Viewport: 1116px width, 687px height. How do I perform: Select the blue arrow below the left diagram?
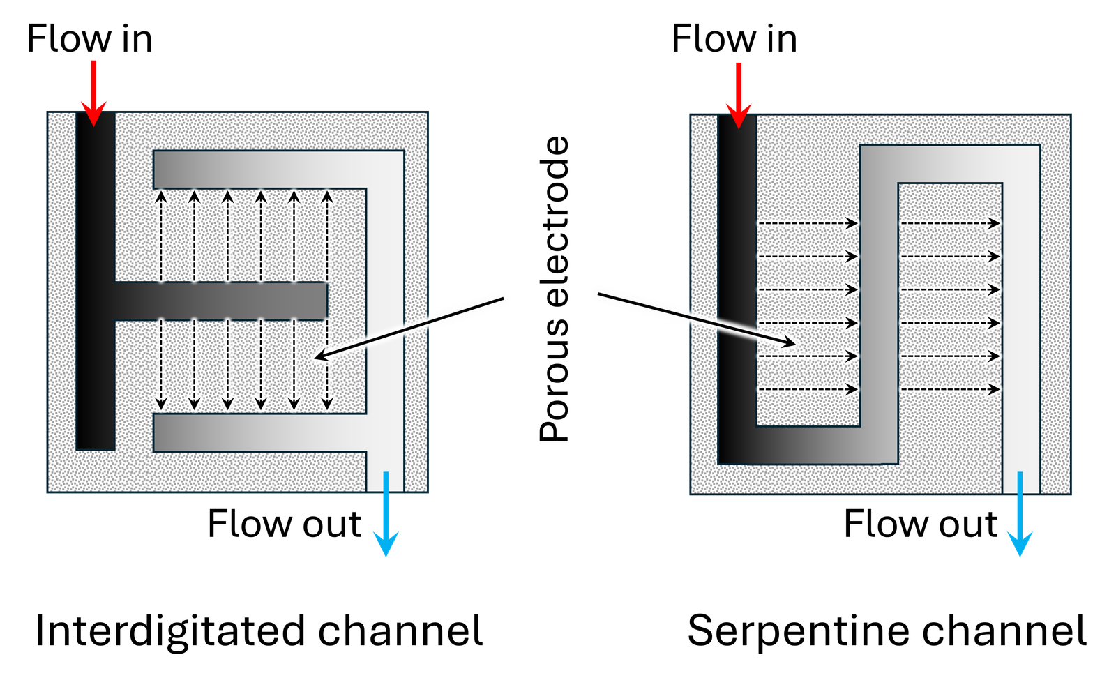point(386,516)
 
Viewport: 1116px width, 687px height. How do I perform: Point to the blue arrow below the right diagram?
point(1020,516)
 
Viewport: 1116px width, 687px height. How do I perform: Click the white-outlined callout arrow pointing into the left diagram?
point(412,328)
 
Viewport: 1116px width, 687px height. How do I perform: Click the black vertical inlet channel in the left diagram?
point(95,209)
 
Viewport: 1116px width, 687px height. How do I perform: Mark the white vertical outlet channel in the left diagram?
point(385,314)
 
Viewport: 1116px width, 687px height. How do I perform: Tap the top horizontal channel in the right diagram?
point(949,164)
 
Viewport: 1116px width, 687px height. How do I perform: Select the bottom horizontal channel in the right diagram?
point(809,445)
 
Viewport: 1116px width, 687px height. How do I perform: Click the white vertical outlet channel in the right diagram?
point(1021,314)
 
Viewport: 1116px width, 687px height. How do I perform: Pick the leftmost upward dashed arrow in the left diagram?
point(161,237)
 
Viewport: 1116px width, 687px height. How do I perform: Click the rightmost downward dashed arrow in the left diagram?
point(327,363)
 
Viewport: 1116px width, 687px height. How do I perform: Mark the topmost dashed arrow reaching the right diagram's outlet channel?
point(950,223)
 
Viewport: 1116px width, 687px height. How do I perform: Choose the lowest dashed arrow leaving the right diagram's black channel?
point(808,389)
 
